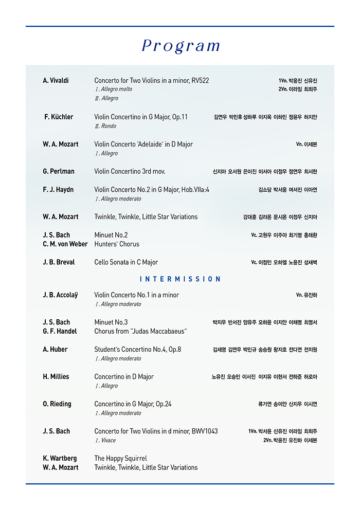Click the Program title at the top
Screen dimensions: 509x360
coord(181,46)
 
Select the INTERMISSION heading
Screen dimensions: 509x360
coord(180,279)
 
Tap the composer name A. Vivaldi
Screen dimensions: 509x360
coord(56,81)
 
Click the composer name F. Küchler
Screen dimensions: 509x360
coord(59,117)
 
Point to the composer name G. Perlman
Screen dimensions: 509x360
coord(59,171)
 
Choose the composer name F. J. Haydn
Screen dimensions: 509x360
coord(58,190)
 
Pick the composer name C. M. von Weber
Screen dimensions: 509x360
coord(65,244)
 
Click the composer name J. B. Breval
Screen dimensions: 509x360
coord(59,262)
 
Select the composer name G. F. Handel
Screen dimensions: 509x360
coord(60,332)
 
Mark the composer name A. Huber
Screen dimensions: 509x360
coord(55,350)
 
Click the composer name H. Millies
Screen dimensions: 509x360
coord(56,377)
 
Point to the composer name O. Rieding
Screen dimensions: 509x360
coord(57,404)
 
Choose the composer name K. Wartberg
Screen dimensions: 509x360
coord(60,459)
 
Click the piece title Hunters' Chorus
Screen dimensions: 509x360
coord(117,244)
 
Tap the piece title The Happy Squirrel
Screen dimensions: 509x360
coord(120,459)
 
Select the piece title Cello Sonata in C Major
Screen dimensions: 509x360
coord(126,262)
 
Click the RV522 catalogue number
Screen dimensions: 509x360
coord(200,81)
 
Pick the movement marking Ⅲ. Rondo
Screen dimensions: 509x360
coord(105,126)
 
